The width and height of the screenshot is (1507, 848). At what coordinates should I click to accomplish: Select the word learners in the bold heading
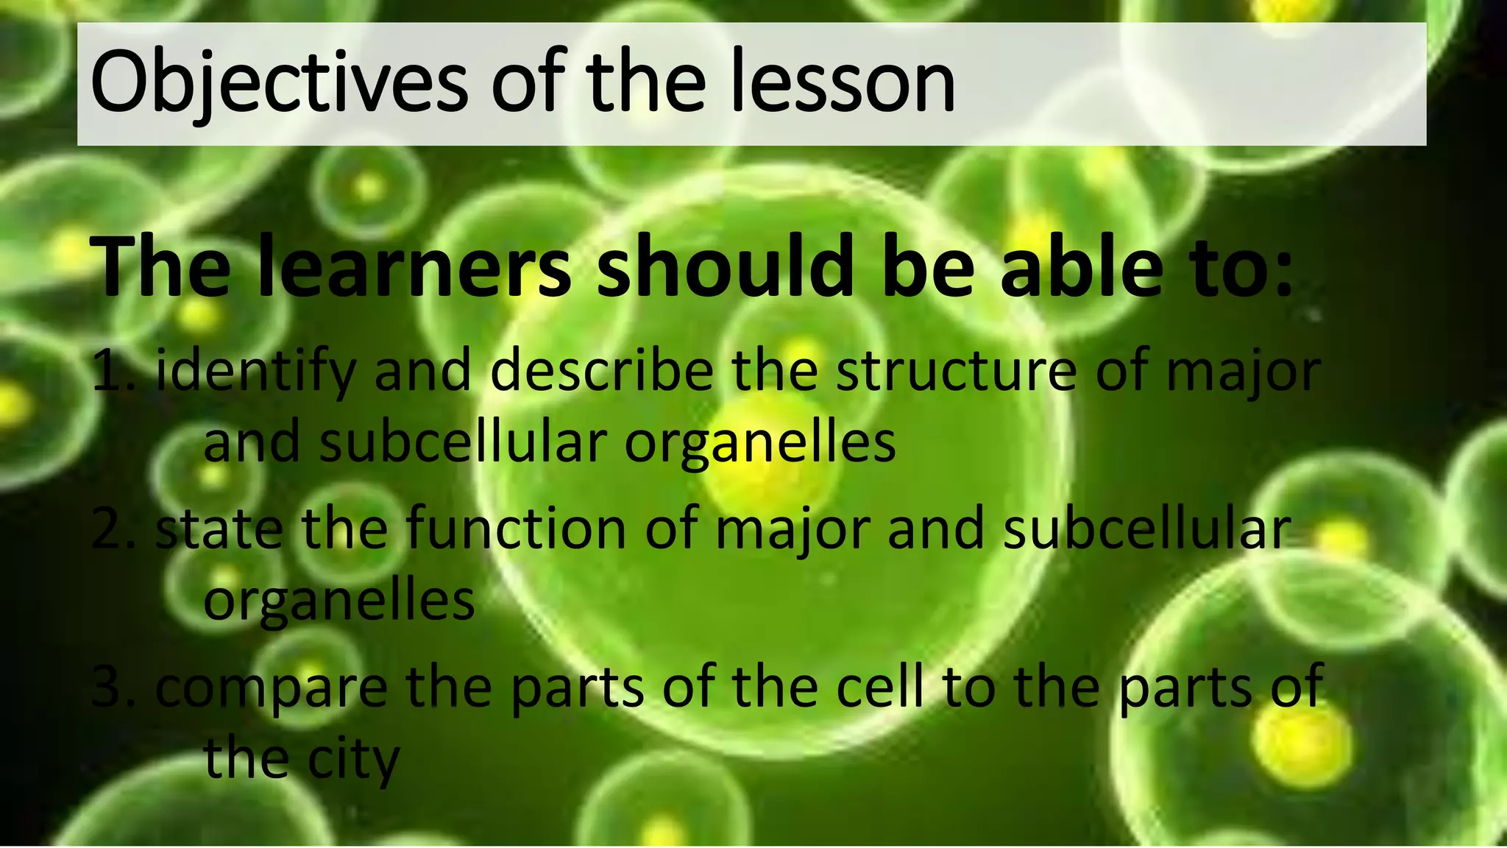(414, 266)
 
